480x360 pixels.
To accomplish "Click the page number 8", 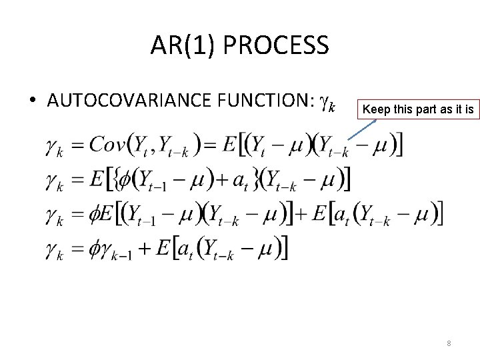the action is (449, 343).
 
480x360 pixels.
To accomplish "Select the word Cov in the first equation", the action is (107, 144).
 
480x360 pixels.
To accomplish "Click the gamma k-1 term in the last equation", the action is (125, 250).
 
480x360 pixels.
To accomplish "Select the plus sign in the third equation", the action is (300, 214).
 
